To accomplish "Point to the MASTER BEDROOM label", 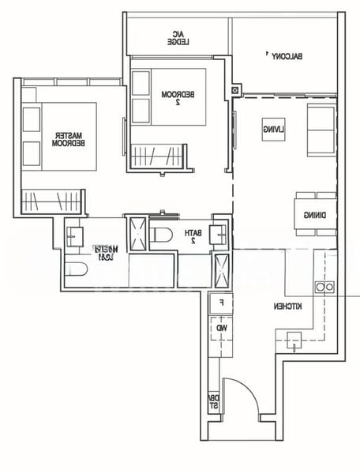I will pyautogui.click(x=62, y=139).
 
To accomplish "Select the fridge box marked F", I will pyautogui.click(x=221, y=302).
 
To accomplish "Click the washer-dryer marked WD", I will pyautogui.click(x=222, y=326).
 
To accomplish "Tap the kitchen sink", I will pyautogui.click(x=294, y=341).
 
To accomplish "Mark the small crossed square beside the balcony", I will pyautogui.click(x=235, y=91).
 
